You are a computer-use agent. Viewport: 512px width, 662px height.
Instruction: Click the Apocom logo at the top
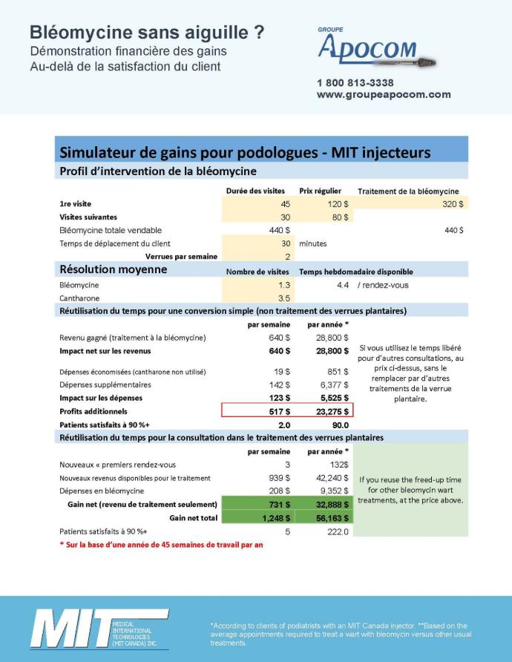375,49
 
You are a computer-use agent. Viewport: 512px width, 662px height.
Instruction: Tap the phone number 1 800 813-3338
355,82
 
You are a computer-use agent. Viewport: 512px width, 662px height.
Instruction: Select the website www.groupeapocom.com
384,94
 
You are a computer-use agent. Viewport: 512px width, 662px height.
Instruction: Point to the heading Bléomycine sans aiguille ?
147,33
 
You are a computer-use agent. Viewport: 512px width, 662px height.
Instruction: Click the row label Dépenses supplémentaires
105,384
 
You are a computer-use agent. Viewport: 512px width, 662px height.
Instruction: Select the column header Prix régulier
320,191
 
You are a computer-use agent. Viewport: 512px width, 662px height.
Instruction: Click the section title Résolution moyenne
113,270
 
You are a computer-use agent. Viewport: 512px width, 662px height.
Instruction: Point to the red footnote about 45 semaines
161,545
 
